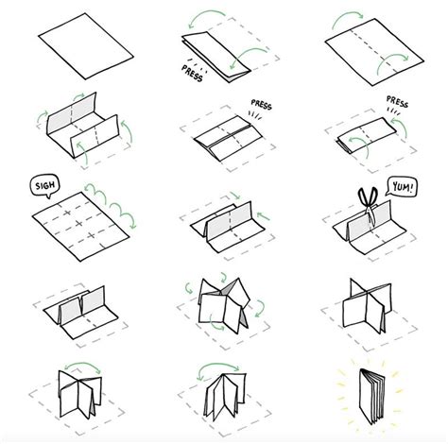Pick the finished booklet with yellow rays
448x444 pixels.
[x=370, y=396]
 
